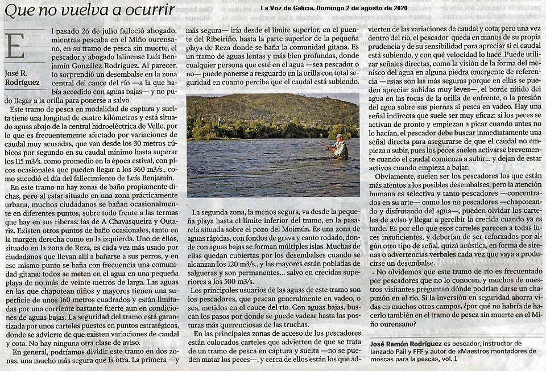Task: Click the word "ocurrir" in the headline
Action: click(x=148, y=10)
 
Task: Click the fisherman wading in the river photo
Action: click(x=340, y=147)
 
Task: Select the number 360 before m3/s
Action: click(x=131, y=168)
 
